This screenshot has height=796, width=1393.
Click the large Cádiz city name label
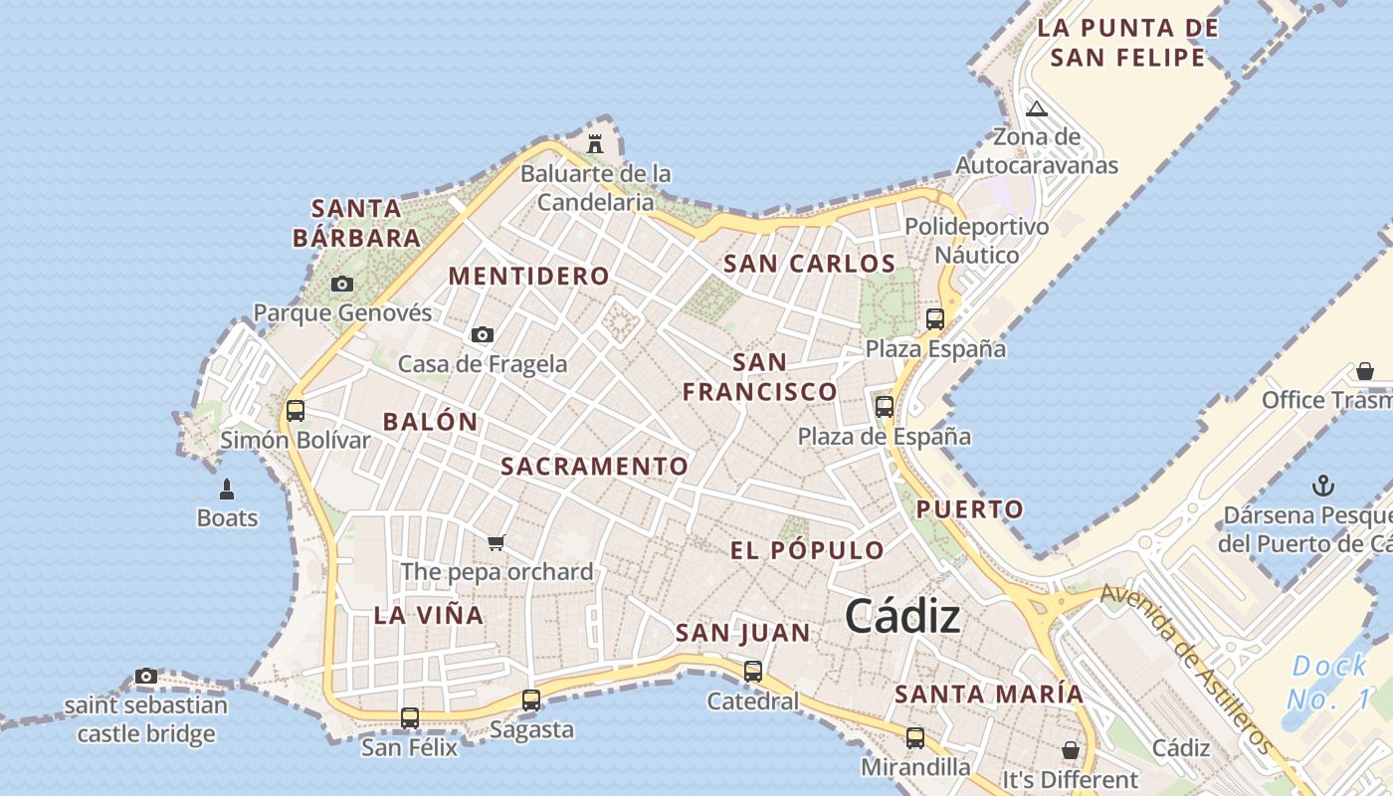click(902, 617)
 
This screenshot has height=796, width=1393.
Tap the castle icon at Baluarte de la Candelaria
click(595, 143)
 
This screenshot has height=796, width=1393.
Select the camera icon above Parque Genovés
click(342, 284)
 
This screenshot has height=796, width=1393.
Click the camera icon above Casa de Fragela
click(483, 334)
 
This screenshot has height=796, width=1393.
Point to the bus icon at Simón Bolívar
click(296, 410)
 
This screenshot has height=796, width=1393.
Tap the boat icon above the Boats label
click(227, 489)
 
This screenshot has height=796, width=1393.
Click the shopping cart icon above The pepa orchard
click(497, 542)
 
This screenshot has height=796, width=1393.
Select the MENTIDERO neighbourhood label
click(528, 276)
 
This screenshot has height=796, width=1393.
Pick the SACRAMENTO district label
click(594, 466)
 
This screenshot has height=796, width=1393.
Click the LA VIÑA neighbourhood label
click(429, 615)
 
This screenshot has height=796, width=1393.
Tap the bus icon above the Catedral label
click(753, 672)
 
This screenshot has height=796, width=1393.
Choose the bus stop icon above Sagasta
click(531, 699)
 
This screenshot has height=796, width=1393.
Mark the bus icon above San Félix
click(409, 717)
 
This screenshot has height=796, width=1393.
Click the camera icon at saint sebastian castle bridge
click(146, 677)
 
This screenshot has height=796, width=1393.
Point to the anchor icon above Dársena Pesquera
click(1323, 486)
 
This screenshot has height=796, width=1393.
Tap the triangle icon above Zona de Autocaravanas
click(1037, 108)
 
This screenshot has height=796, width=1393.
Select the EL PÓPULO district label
click(807, 550)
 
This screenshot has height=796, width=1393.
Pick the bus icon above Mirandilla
click(914, 738)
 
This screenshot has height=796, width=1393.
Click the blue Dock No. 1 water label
click(1329, 683)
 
